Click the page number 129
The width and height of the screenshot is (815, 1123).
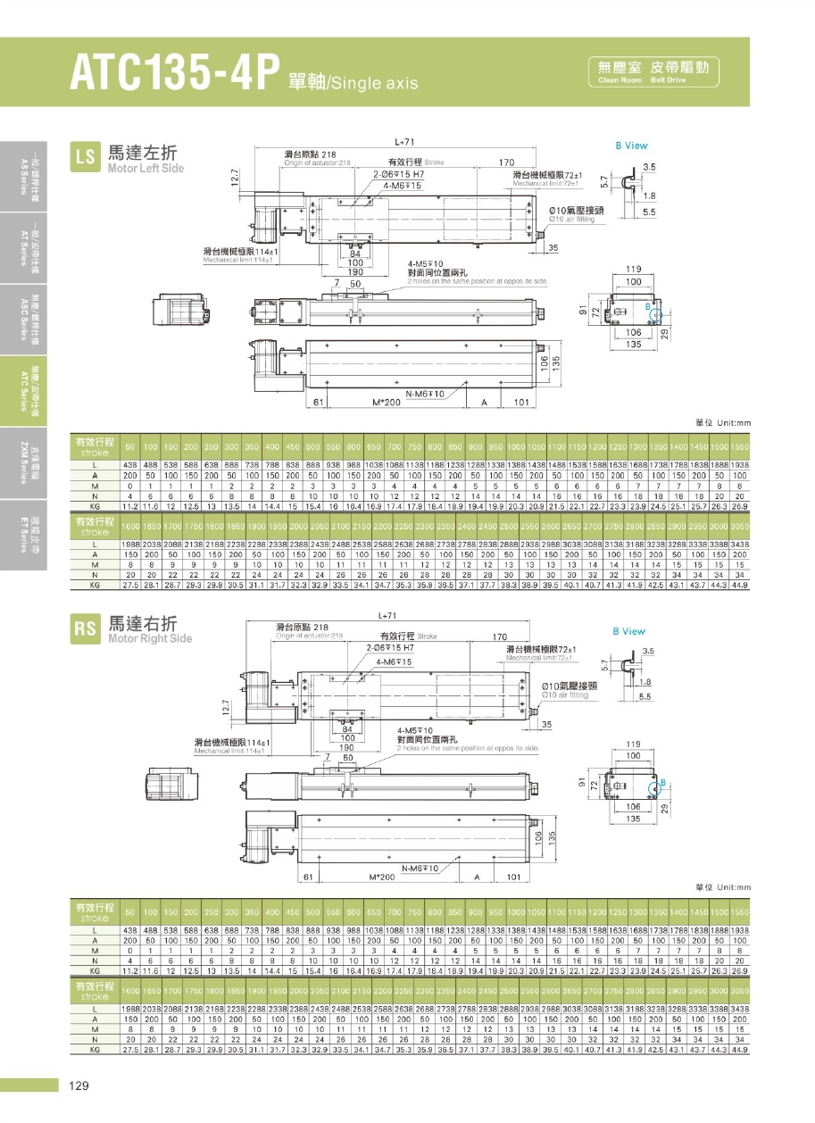77,1086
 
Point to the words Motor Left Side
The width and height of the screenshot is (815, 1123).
146,169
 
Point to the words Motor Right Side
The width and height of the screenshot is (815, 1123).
149,638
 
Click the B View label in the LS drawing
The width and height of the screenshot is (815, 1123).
631,146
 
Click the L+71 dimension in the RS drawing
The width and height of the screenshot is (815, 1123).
387,614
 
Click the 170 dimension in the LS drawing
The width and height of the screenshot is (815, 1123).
505,162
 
